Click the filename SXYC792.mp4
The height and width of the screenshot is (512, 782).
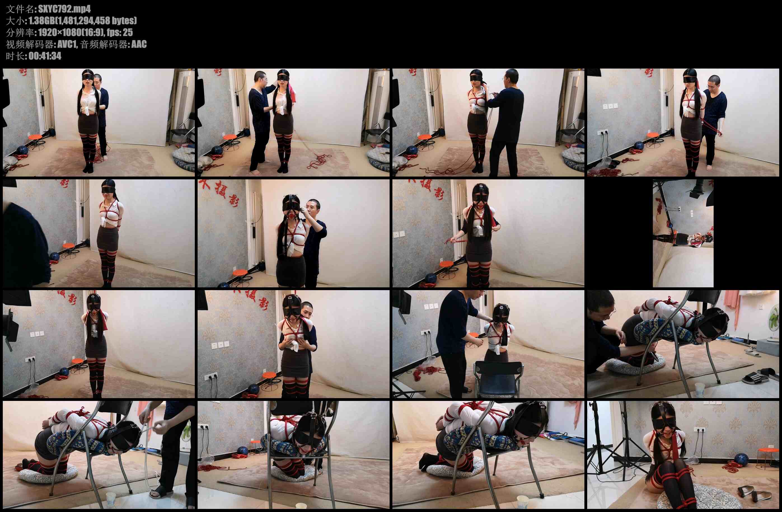tap(64, 9)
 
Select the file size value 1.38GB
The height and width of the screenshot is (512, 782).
tap(42, 21)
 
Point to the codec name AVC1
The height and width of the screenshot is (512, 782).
tap(67, 44)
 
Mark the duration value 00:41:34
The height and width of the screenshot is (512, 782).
tap(45, 56)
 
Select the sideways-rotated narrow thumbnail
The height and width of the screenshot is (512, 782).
tap(683, 233)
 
